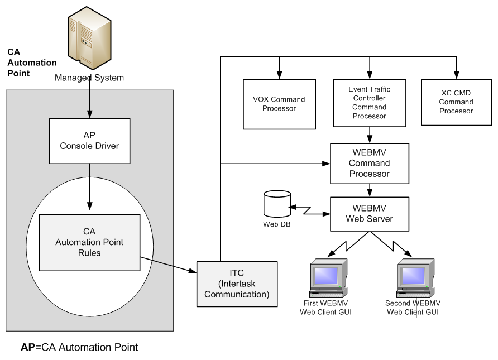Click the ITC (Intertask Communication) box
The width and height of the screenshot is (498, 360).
click(237, 284)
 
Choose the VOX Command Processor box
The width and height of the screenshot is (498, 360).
click(279, 103)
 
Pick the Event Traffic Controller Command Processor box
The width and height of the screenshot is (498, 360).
click(368, 102)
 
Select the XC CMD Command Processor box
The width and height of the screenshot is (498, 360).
click(456, 102)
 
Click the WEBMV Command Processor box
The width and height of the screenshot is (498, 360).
click(368, 164)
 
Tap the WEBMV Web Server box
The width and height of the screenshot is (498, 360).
click(368, 214)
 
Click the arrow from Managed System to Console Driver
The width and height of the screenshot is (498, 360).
click(90, 100)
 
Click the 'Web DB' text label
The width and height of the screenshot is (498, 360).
click(277, 225)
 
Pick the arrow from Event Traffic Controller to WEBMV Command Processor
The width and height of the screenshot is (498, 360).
click(368, 134)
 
